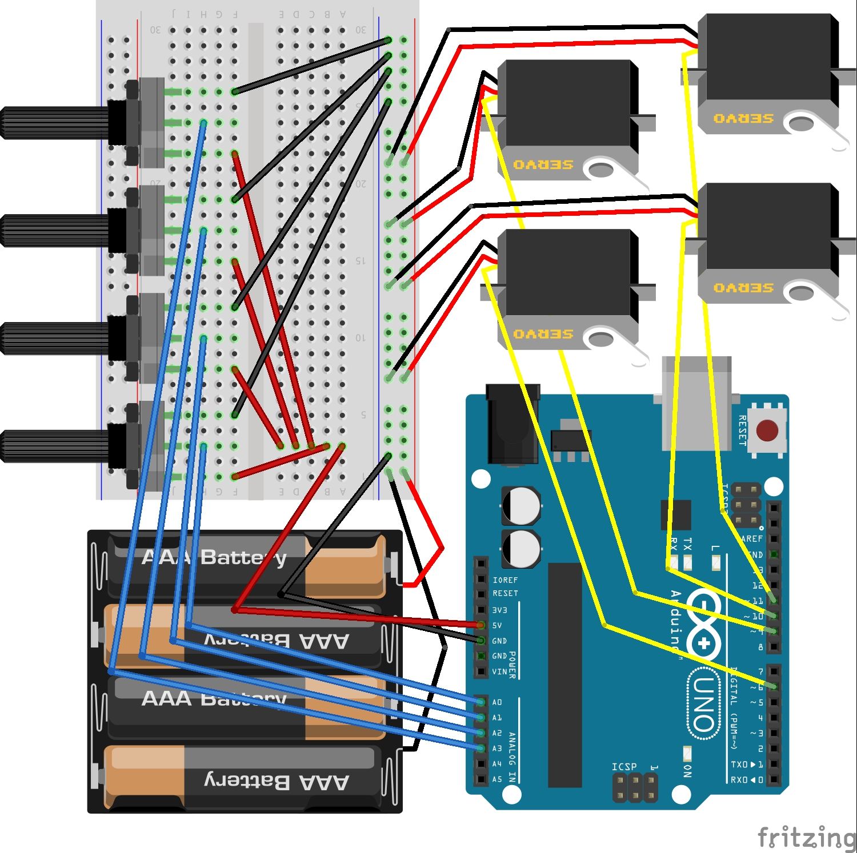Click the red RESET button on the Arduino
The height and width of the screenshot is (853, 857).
(767, 430)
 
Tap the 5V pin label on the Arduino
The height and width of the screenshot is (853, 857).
(497, 626)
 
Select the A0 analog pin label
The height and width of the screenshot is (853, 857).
(497, 702)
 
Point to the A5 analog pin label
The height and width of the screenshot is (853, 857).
(497, 779)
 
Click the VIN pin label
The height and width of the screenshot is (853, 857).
(499, 672)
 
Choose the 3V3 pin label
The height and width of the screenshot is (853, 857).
(499, 610)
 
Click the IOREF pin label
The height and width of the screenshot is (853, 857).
(505, 580)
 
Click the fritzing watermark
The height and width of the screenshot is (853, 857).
(806, 837)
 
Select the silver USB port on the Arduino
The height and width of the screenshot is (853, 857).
(696, 403)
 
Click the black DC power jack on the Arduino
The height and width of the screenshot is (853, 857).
(512, 423)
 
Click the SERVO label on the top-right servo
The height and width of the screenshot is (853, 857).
(743, 119)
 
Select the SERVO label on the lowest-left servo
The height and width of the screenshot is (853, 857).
(543, 334)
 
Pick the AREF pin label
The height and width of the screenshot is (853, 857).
(752, 539)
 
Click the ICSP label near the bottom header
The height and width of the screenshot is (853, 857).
(624, 767)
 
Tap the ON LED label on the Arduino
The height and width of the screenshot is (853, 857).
(687, 771)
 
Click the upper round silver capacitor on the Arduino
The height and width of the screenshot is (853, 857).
(520, 505)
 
